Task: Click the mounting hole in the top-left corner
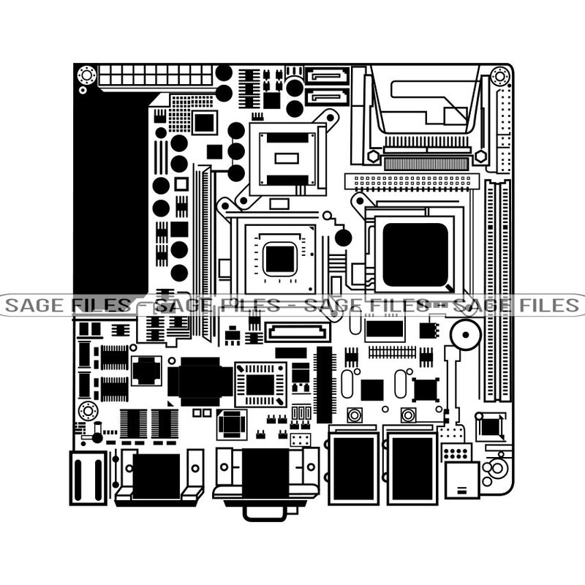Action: (87, 75)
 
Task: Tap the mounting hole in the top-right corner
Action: (500, 75)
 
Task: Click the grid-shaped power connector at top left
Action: (155, 75)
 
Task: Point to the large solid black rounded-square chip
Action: (415, 254)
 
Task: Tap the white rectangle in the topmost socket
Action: (286, 157)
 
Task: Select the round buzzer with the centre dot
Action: (464, 336)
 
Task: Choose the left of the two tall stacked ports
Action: (354, 465)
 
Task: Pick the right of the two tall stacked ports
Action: (412, 465)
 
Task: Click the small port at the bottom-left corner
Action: (88, 477)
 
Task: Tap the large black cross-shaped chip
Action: (200, 381)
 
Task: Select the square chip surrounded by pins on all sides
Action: (260, 383)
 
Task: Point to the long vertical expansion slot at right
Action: (498, 292)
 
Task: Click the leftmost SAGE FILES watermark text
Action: (66, 305)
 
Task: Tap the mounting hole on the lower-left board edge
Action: (88, 410)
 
